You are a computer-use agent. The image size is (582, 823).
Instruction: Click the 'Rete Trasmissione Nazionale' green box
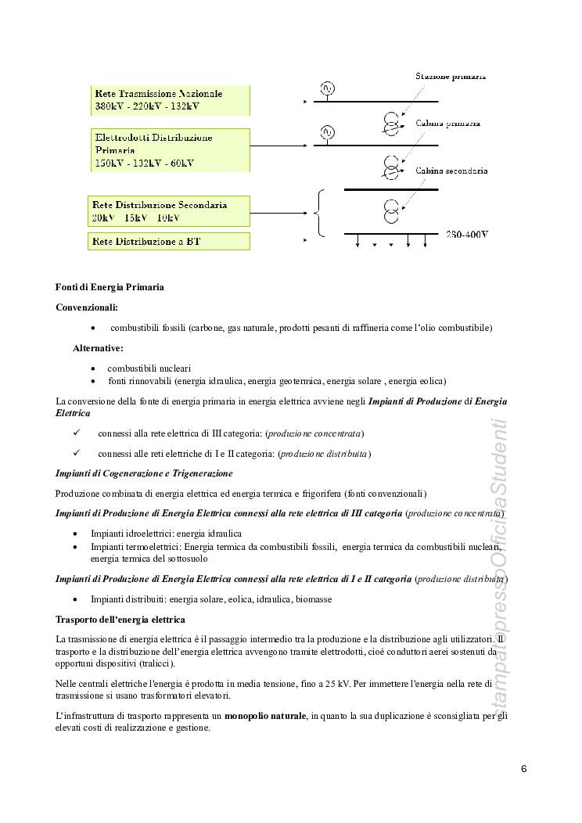[x=169, y=99]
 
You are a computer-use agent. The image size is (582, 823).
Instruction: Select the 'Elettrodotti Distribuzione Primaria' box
[x=169, y=150]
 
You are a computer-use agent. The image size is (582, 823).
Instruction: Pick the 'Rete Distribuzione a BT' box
[x=169, y=242]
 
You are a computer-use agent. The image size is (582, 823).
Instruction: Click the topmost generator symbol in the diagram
[x=328, y=88]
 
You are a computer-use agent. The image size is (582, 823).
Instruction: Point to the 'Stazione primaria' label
[x=451, y=77]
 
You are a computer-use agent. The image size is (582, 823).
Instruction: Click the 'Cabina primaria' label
[x=448, y=124]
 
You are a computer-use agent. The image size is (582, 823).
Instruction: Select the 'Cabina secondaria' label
[x=451, y=170]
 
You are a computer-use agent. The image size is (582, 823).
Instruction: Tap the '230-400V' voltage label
[x=468, y=234]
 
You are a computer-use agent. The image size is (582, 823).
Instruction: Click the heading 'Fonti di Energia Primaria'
[x=110, y=287]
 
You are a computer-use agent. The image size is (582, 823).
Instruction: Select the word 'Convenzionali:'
[x=87, y=307]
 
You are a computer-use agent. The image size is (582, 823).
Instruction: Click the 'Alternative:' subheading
[x=98, y=347]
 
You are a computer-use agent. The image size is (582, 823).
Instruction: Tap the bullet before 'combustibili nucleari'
[x=93, y=368]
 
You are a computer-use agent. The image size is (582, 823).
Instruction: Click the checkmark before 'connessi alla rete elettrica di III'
[x=76, y=433]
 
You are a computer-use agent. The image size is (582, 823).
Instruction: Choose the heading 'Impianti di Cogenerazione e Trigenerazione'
[x=144, y=473]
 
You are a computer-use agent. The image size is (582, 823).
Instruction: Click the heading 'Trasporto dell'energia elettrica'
[x=120, y=620]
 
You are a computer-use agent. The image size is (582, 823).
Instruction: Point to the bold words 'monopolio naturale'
[x=265, y=715]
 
